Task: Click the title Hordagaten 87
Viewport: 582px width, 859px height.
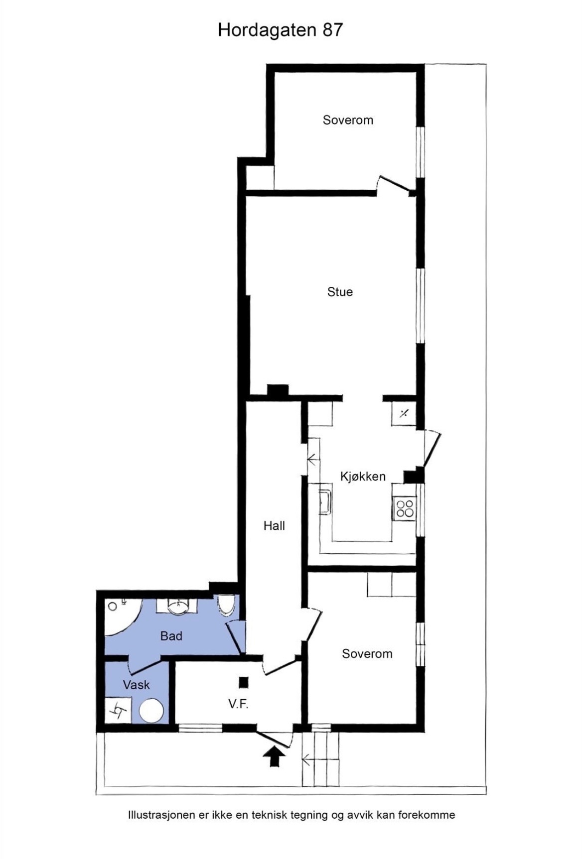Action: [280, 30]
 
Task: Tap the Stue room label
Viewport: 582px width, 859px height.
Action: [340, 292]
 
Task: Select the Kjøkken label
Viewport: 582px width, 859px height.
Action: [363, 477]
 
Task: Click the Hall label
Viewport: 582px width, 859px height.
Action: [274, 526]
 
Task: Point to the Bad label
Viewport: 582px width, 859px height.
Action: [171, 636]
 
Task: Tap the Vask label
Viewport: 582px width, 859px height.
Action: [136, 685]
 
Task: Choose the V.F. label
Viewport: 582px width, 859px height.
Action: [238, 704]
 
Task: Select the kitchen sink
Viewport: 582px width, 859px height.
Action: [325, 501]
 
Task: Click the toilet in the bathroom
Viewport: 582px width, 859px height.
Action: [226, 604]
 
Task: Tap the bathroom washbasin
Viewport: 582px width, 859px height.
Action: [177, 606]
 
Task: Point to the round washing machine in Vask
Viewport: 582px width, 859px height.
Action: [151, 710]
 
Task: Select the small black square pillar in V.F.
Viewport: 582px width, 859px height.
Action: [243, 682]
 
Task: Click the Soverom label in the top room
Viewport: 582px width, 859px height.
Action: [348, 120]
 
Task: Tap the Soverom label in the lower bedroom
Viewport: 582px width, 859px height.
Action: [367, 654]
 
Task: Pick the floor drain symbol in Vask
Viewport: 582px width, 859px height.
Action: [118, 710]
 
